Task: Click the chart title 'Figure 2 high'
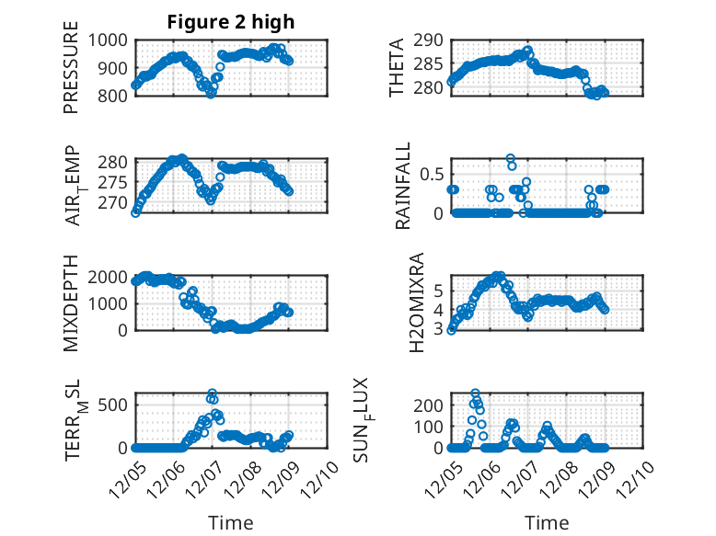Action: pyautogui.click(x=231, y=23)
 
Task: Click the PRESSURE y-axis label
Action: pyautogui.click(x=71, y=74)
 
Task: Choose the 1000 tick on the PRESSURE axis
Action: pyautogui.click(x=110, y=40)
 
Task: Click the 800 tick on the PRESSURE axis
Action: pyautogui.click(x=114, y=96)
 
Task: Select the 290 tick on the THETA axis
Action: pyautogui.click(x=430, y=40)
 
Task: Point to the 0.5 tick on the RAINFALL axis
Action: pyautogui.click(x=432, y=174)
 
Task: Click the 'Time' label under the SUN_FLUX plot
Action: pyautogui.click(x=547, y=522)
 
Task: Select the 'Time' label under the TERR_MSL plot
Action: pyautogui.click(x=231, y=522)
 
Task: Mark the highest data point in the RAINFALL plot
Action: pyautogui.click(x=510, y=158)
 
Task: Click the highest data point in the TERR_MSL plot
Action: pyautogui.click(x=212, y=393)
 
